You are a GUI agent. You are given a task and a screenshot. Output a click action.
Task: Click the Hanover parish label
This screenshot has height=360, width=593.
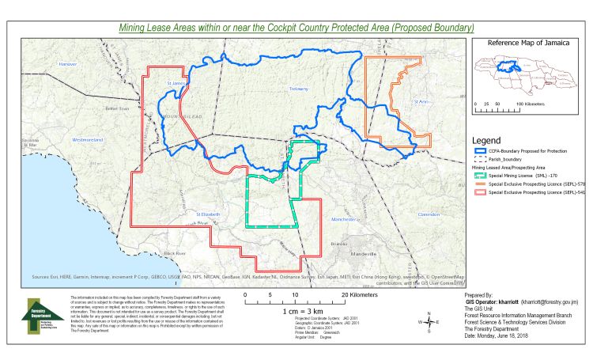[69, 63]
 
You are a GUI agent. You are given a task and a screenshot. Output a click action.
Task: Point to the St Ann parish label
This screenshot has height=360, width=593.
[421, 101]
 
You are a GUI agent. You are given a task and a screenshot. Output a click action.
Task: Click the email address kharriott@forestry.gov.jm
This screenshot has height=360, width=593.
[546, 301]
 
